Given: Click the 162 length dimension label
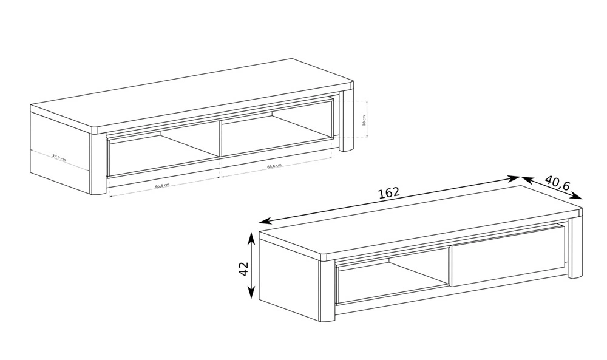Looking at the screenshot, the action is click(388, 192).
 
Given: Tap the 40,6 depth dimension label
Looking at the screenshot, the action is click(557, 183).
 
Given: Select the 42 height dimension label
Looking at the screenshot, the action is click(243, 269).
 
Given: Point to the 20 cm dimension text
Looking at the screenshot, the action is click(364, 120).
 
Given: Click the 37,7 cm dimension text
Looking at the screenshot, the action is click(59, 158).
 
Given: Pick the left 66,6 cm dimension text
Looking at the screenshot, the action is click(162, 185).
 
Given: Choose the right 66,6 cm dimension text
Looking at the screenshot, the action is click(274, 166).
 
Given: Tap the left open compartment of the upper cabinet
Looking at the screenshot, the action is click(164, 149).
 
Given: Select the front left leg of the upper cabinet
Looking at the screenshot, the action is click(98, 164).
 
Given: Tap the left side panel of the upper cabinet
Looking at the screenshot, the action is click(60, 152).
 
